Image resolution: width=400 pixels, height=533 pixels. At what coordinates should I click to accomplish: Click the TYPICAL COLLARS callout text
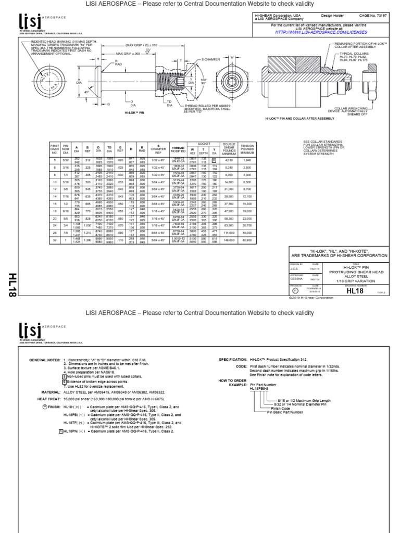(354, 55)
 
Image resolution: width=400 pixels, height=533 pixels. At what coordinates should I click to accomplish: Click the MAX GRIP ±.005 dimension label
(128, 54)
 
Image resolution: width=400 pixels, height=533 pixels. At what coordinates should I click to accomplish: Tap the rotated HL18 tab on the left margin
(11, 284)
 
